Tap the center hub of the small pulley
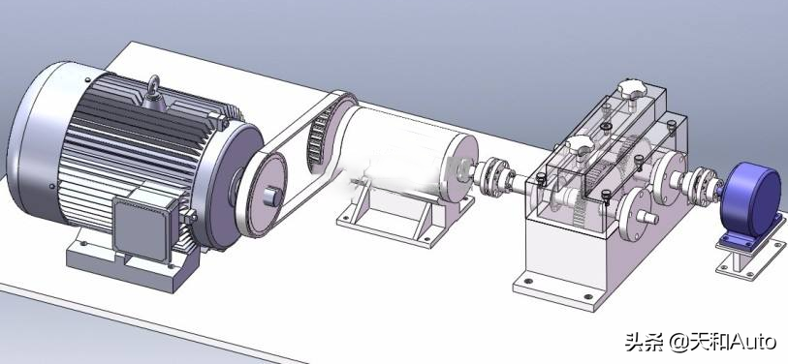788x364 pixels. [x=271, y=197]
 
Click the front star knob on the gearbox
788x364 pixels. [x=580, y=145]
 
